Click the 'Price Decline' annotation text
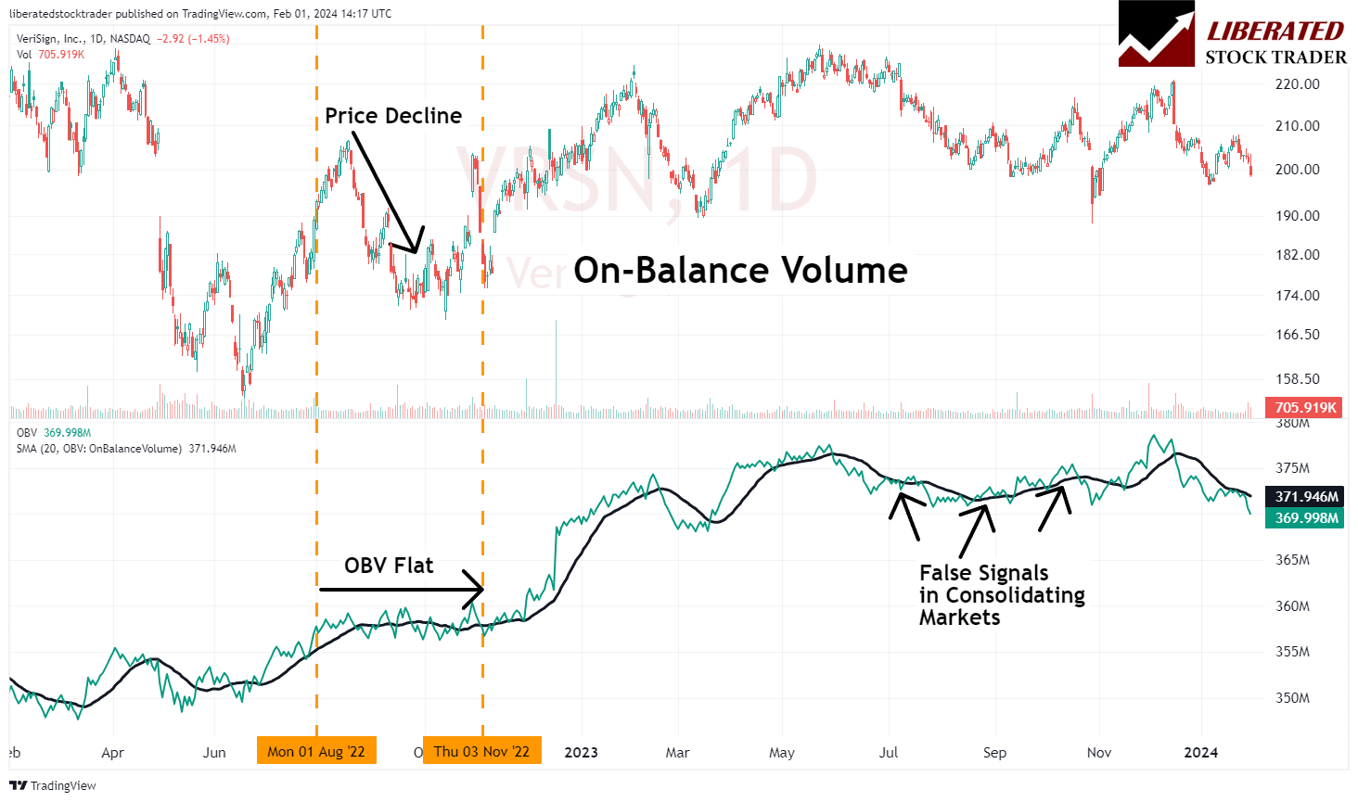pyautogui.click(x=393, y=116)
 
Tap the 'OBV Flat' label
pyautogui.click(x=388, y=566)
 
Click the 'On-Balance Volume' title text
pyautogui.click(x=740, y=271)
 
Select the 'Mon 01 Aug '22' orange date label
pyautogui.click(x=316, y=751)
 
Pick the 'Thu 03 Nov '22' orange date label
pyautogui.click(x=481, y=751)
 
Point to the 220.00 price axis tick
pyautogui.click(x=1297, y=83)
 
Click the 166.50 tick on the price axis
pyautogui.click(x=1297, y=335)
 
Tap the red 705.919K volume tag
pyautogui.click(x=1305, y=407)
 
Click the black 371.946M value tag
pyautogui.click(x=1306, y=497)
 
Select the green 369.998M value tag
pyautogui.click(x=1306, y=517)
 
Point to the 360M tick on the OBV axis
pyautogui.click(x=1292, y=605)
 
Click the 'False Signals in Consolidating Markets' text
pyautogui.click(x=1001, y=595)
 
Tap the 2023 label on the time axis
pyautogui.click(x=581, y=752)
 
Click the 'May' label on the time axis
pyautogui.click(x=781, y=752)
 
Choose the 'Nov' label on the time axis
pyautogui.click(x=1098, y=752)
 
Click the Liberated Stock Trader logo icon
pyautogui.click(x=1156, y=33)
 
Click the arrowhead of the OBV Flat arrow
pyautogui.click(x=479, y=589)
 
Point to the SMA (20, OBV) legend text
pyautogui.click(x=125, y=449)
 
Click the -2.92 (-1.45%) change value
pyautogui.click(x=193, y=39)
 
